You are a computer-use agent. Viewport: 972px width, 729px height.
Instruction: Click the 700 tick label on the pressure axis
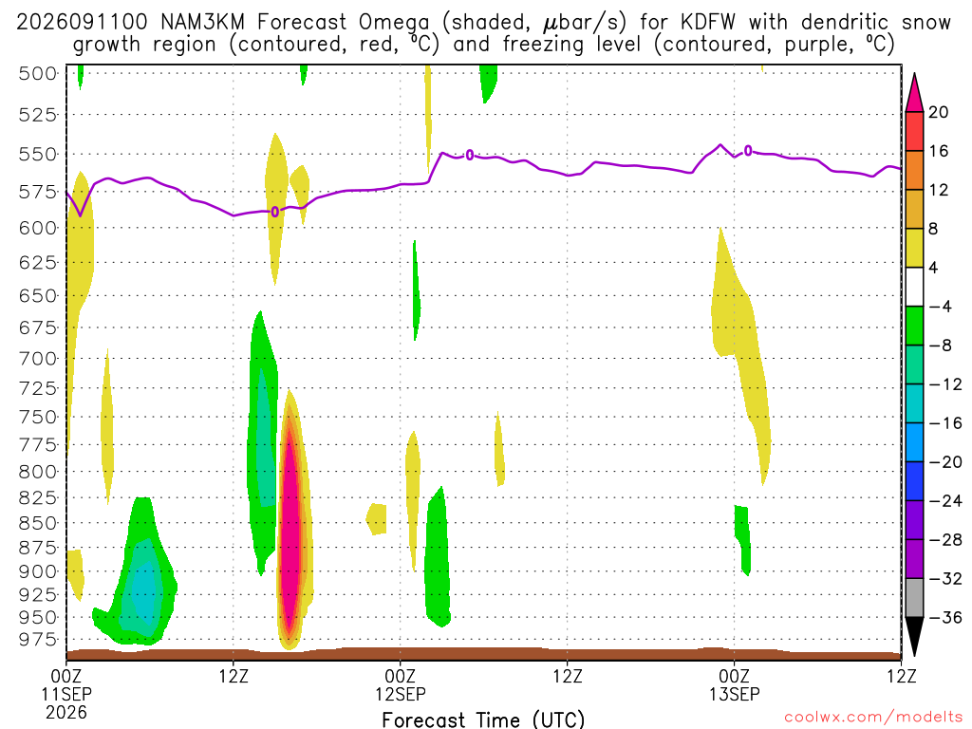[37, 358]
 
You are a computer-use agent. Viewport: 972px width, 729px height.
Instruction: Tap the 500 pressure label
[37, 74]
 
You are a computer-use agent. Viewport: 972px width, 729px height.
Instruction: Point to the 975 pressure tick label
[37, 639]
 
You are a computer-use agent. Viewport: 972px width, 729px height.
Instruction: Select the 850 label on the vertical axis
[37, 523]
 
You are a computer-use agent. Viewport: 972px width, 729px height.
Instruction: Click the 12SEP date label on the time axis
[401, 694]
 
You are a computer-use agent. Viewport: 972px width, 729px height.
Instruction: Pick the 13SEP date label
[735, 694]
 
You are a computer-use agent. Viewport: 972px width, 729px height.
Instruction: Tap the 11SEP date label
[66, 694]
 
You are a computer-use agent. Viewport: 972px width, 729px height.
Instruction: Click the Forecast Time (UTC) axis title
[483, 720]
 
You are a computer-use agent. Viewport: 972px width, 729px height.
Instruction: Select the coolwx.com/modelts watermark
[873, 718]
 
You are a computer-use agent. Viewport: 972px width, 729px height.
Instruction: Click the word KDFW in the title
[708, 23]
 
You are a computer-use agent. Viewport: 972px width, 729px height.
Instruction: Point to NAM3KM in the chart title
[203, 23]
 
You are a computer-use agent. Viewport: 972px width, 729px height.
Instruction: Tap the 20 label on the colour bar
[939, 112]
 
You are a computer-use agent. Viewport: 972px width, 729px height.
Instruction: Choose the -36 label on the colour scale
[944, 617]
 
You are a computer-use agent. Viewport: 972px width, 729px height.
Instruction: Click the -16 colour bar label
[944, 423]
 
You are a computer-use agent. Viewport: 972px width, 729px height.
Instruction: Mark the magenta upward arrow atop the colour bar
[914, 93]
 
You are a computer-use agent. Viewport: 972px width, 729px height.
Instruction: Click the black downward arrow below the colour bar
[914, 635]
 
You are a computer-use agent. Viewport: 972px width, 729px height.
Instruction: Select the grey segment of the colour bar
[914, 598]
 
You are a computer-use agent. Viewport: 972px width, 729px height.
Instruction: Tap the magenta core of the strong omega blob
[290, 527]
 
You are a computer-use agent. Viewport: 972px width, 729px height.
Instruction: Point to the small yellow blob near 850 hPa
[377, 519]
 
